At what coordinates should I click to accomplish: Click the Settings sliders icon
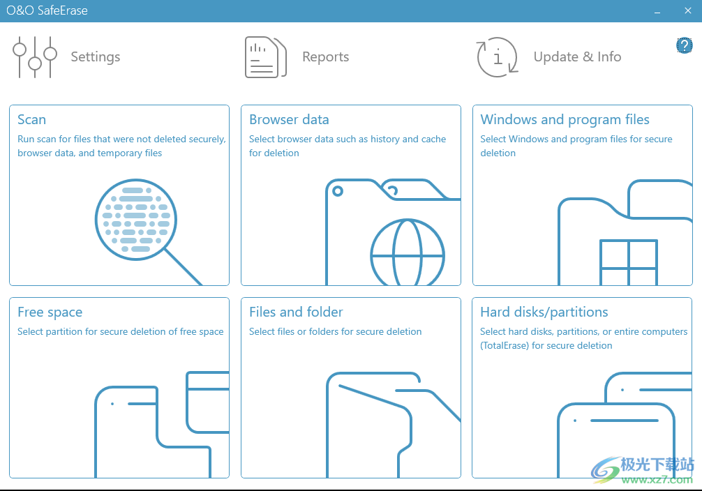tap(35, 57)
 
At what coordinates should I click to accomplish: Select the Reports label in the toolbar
tap(325, 57)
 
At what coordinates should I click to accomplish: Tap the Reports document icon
tap(265, 57)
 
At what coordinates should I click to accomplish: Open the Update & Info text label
tap(577, 57)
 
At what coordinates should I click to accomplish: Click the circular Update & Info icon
tap(498, 57)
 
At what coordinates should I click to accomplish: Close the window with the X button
tap(688, 10)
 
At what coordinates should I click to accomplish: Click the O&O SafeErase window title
tap(47, 10)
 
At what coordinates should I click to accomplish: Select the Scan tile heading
tap(32, 119)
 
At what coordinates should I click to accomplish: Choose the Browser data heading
tap(289, 119)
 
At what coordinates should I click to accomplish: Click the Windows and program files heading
tap(565, 119)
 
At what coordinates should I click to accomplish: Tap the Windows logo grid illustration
tap(629, 262)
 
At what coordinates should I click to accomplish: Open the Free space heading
tap(50, 312)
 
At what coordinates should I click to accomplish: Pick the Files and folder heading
tap(296, 312)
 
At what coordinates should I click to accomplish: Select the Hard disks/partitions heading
tap(544, 312)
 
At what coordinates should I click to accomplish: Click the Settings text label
tap(96, 57)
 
